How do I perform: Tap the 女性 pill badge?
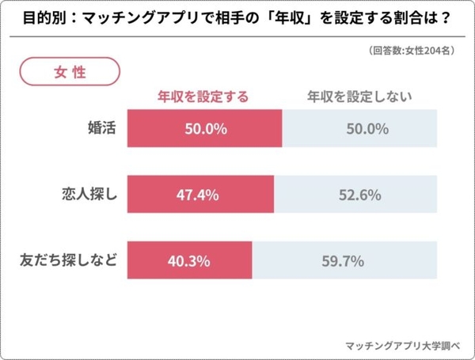(x=70, y=70)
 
